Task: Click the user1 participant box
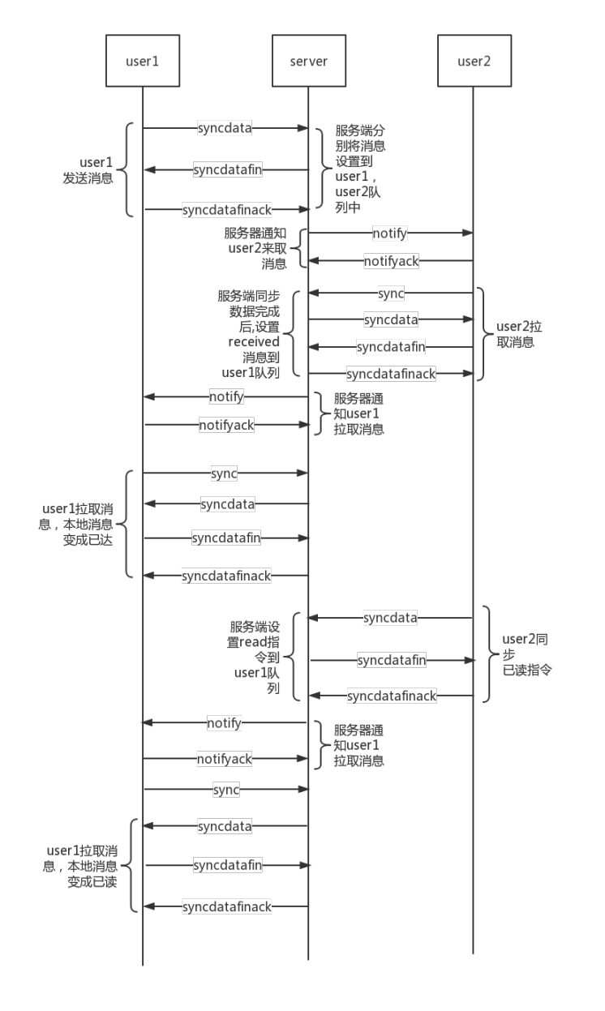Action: pos(143,61)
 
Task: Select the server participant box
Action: pos(308,61)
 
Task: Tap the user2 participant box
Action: pos(474,61)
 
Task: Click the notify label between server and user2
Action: pos(390,233)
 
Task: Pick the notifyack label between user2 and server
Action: pos(391,261)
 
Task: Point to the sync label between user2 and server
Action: pos(390,293)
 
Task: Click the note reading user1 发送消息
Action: pos(89,170)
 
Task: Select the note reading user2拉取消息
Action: pos(519,334)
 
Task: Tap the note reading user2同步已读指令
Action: pos(526,654)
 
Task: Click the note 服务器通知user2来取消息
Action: pos(256,248)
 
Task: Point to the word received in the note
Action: pos(253,342)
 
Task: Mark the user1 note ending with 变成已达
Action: pos(78,524)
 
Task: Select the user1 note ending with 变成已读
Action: pos(82,866)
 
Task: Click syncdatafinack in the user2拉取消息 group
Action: pos(391,374)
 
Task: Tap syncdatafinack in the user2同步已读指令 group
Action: pos(392,696)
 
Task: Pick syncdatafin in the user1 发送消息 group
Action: pos(227,169)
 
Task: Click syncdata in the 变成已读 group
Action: pos(225,826)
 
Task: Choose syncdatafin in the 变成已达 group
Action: pos(226,538)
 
